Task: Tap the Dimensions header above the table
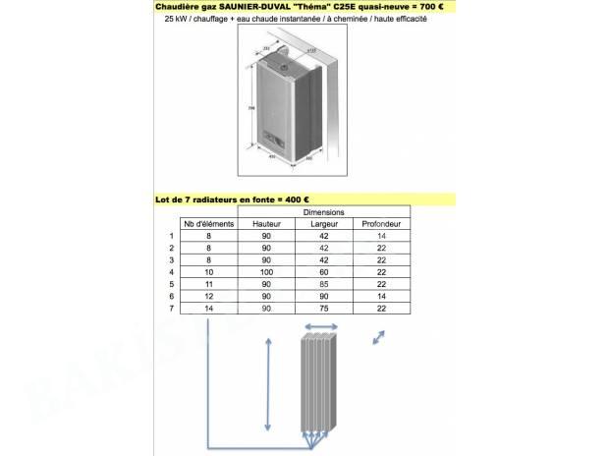click(323, 212)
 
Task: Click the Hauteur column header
click(266, 224)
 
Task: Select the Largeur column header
click(323, 224)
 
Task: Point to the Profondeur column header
click(381, 224)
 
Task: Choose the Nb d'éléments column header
click(208, 224)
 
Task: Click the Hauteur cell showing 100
click(266, 271)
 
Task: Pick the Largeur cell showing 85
click(323, 283)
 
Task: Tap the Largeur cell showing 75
click(323, 308)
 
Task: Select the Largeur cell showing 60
click(323, 271)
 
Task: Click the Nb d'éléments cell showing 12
click(208, 296)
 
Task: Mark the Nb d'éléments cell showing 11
click(208, 283)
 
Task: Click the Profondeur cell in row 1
click(381, 236)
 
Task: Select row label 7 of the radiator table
click(172, 308)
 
